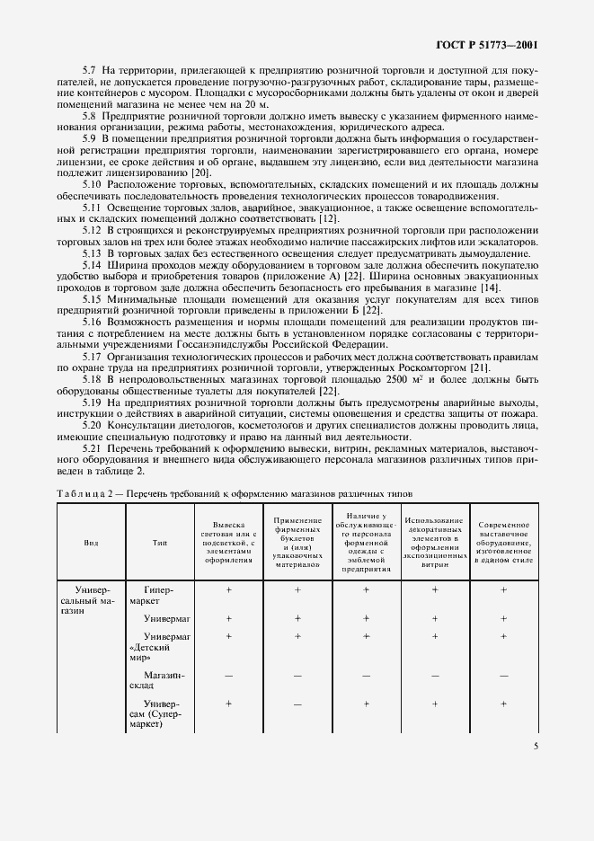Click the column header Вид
91,543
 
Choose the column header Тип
159,543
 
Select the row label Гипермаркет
156,595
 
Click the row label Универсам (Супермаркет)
160,715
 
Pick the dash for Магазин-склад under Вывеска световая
228,674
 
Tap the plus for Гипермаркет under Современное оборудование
503,589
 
